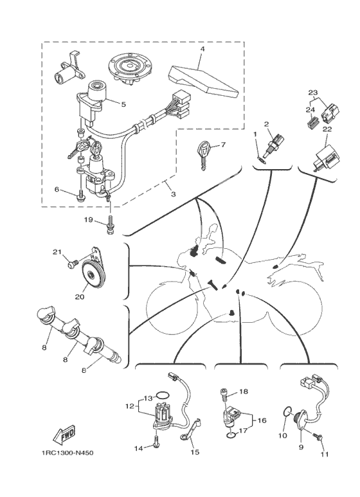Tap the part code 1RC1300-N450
pos(67,453)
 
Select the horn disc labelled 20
pos(93,271)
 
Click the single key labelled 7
pos(203,153)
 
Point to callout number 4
pos(203,49)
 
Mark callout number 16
pos(261,420)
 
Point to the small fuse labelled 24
pos(313,122)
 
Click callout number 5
pos(123,104)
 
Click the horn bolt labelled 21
pos(72,264)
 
